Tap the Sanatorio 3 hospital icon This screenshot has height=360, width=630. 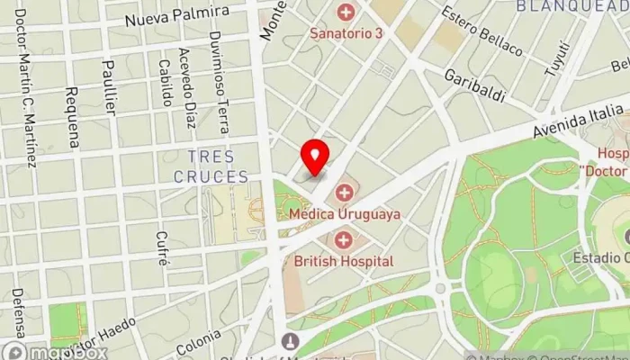(345, 13)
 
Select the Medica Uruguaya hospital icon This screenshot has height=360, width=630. (344, 193)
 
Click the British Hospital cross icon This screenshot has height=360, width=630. (344, 239)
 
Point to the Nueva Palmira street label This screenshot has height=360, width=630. (176, 18)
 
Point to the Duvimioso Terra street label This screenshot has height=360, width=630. (218, 67)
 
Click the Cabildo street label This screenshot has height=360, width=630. (165, 83)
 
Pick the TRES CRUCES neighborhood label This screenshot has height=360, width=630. (217, 166)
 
